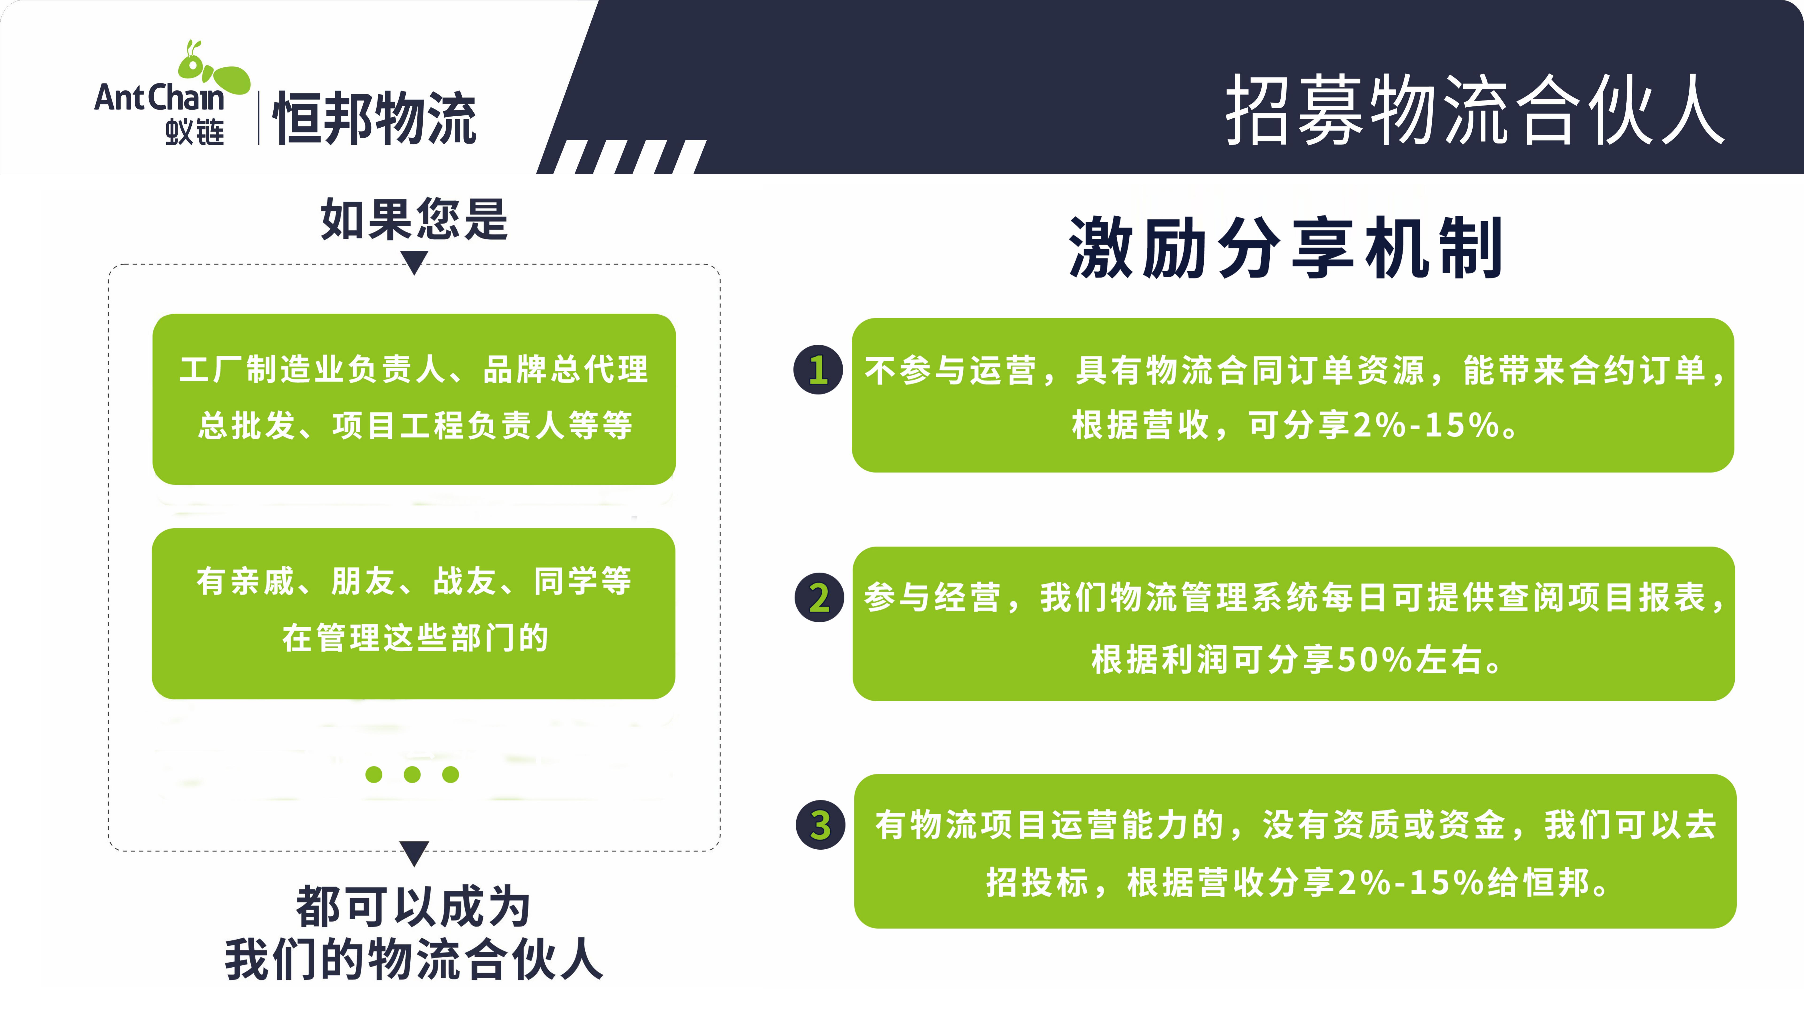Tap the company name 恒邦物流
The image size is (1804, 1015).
pyautogui.click(x=375, y=118)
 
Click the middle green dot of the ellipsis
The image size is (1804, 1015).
pyautogui.click(x=412, y=774)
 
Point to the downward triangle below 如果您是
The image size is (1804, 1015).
pyautogui.click(x=415, y=263)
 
